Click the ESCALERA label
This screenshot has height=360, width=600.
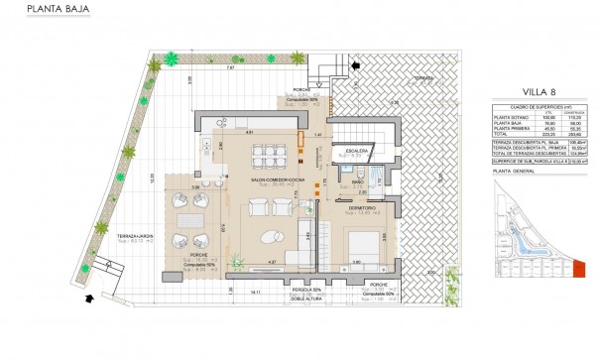point(352,151)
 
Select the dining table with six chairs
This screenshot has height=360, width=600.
point(268,155)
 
